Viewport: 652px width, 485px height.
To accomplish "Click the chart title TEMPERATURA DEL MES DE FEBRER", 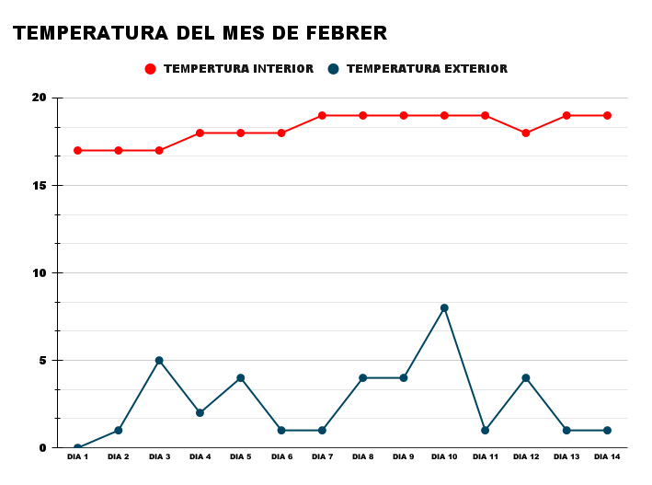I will [200, 34].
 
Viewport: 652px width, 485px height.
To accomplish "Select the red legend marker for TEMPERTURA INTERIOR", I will [151, 69].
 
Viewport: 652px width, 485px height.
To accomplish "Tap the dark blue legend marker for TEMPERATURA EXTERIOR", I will [334, 69].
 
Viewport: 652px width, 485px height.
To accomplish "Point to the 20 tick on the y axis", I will [39, 98].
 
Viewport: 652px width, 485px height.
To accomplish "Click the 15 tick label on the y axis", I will [39, 185].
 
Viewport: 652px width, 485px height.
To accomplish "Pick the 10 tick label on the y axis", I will [39, 272].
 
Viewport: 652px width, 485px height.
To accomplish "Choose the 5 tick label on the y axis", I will [41, 360].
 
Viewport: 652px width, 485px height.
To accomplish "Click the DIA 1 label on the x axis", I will [78, 456].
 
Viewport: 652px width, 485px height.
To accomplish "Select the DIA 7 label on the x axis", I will [322, 456].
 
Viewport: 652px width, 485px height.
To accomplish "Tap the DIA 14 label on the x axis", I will [607, 456].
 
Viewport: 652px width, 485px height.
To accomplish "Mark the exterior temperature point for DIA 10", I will [444, 308].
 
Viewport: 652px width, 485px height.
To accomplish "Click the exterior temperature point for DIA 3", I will [159, 361].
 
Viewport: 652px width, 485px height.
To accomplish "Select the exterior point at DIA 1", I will [78, 447].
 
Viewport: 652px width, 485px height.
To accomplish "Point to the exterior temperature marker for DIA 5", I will [241, 378].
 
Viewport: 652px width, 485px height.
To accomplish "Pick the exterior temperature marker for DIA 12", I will [526, 378].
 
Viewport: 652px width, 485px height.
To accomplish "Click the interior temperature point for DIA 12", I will [526, 133].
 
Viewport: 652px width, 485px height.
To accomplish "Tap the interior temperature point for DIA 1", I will [78, 150].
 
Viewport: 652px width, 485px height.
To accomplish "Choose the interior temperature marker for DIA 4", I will [200, 133].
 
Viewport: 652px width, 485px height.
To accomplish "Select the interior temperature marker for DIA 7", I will [322, 115].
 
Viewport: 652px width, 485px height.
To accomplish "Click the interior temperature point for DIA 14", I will [607, 115].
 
